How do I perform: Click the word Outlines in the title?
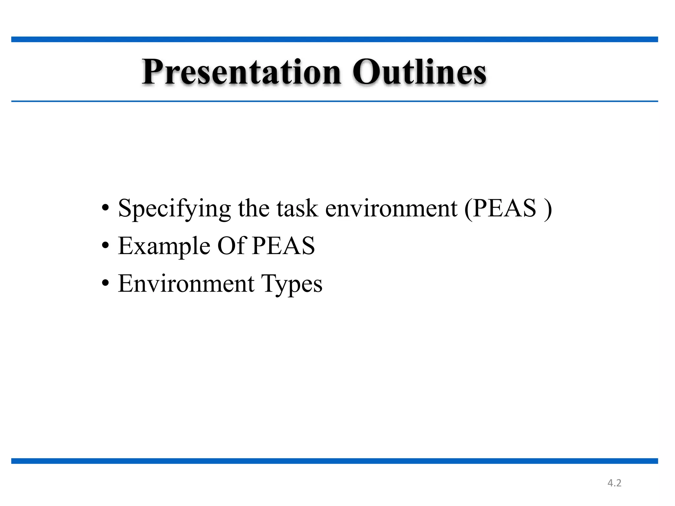(419, 72)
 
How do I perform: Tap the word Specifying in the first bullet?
(174, 209)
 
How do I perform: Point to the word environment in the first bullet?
(391, 209)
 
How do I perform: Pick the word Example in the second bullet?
(164, 246)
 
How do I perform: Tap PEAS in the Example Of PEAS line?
(283, 246)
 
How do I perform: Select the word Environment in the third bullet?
(186, 284)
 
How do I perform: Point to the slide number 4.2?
(614, 483)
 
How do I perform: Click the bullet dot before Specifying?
(105, 209)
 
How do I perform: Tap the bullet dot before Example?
(105, 246)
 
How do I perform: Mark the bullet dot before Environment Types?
(105, 283)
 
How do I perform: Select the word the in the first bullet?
(253, 209)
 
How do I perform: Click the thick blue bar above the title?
(335, 40)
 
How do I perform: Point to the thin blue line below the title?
(335, 101)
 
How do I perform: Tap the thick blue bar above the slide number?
(335, 461)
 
